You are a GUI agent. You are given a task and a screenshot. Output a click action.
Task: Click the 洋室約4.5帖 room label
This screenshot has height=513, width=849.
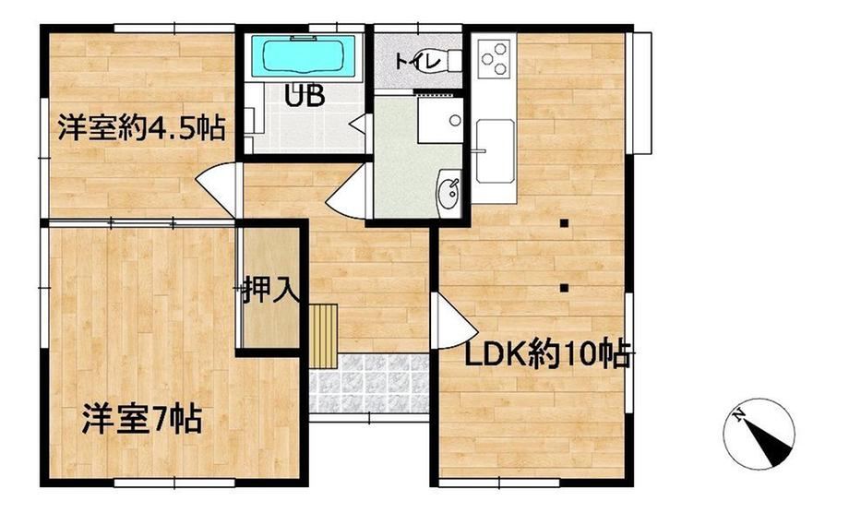(x=141, y=127)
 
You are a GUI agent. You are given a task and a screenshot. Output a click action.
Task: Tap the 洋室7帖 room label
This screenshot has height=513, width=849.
(x=142, y=419)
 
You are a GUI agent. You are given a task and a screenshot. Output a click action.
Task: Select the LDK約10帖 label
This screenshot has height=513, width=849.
(x=548, y=354)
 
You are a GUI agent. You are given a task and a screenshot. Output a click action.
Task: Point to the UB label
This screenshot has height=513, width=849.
(x=305, y=96)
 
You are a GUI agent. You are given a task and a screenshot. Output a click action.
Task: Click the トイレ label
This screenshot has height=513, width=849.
(x=418, y=61)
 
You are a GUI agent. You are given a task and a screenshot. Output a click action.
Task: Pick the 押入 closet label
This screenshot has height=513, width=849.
(x=269, y=289)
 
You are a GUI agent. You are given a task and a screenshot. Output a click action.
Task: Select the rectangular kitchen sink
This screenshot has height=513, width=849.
(x=495, y=151)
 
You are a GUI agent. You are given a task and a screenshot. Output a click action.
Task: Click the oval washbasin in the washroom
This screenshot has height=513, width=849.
(x=449, y=189)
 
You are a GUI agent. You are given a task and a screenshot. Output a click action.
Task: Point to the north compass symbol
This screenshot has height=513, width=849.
(x=759, y=434)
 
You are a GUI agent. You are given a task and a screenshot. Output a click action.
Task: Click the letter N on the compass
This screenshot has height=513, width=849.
(x=738, y=415)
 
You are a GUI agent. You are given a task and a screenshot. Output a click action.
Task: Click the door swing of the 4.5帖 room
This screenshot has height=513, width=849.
(x=217, y=190)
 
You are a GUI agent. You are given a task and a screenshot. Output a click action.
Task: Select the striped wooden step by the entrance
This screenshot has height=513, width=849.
(x=324, y=336)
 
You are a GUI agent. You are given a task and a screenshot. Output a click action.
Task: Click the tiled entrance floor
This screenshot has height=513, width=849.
(x=369, y=384)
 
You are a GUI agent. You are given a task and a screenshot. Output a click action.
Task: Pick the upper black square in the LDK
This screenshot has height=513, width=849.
(x=564, y=223)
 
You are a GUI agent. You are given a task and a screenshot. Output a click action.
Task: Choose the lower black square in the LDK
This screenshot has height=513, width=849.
(x=564, y=288)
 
